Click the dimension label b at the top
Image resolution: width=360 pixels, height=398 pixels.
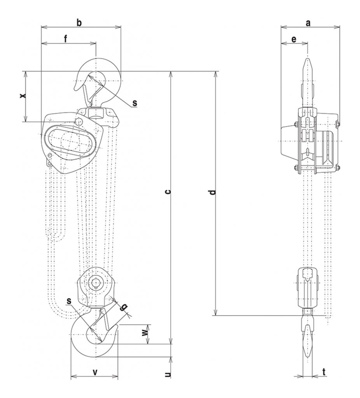[x=79, y=23]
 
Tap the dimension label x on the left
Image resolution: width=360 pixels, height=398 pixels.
[x=23, y=95]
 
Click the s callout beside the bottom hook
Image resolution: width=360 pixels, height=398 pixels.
[x=69, y=301]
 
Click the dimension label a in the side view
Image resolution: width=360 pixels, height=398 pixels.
[x=308, y=23]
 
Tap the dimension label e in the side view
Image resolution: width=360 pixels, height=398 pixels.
[x=294, y=39]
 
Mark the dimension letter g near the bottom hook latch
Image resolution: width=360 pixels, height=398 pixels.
[x=123, y=307]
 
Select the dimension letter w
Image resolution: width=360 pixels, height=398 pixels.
[x=144, y=333]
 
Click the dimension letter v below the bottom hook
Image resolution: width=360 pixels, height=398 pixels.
[x=94, y=372]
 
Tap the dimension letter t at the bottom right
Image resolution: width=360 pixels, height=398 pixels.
[x=324, y=372]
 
